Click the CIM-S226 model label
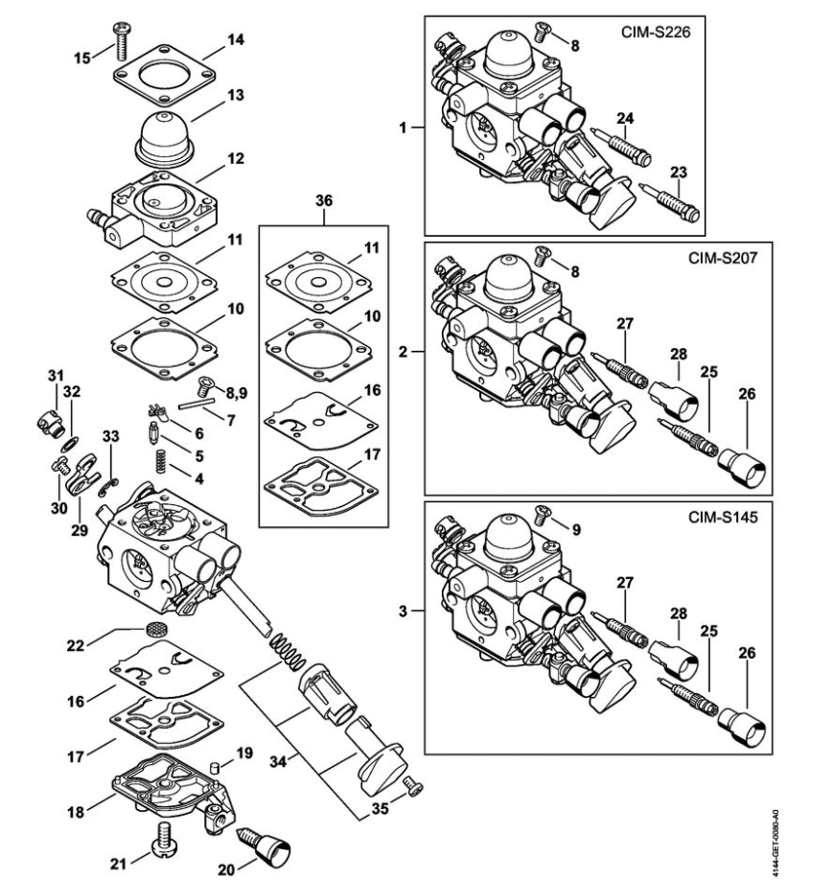tap(655, 32)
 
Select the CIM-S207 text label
tap(723, 258)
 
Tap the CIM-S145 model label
tap(723, 517)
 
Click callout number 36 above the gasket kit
tap(324, 200)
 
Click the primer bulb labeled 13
tap(165, 139)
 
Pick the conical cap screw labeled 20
tap(266, 846)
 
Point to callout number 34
tap(278, 761)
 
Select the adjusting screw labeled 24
tap(622, 148)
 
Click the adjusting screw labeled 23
tap(670, 202)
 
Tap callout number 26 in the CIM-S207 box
tap(747, 394)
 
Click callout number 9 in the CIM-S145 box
tap(576, 530)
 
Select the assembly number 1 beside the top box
tap(403, 127)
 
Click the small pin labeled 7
tap(197, 404)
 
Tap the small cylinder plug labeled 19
tap(214, 767)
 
